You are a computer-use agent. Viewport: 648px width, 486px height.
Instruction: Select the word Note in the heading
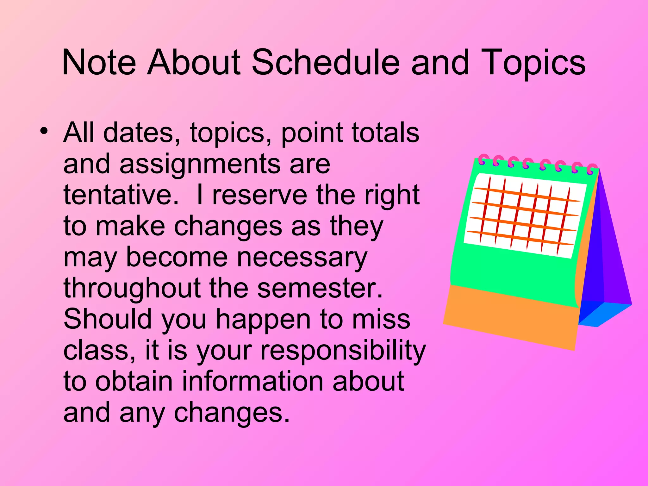[x=99, y=62]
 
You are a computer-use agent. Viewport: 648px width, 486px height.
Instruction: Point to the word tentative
[x=121, y=195]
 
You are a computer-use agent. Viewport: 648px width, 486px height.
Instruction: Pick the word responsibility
[x=343, y=351]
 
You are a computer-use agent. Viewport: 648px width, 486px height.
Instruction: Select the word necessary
[x=302, y=257]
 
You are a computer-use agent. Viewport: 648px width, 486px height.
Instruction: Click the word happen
[x=263, y=320]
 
